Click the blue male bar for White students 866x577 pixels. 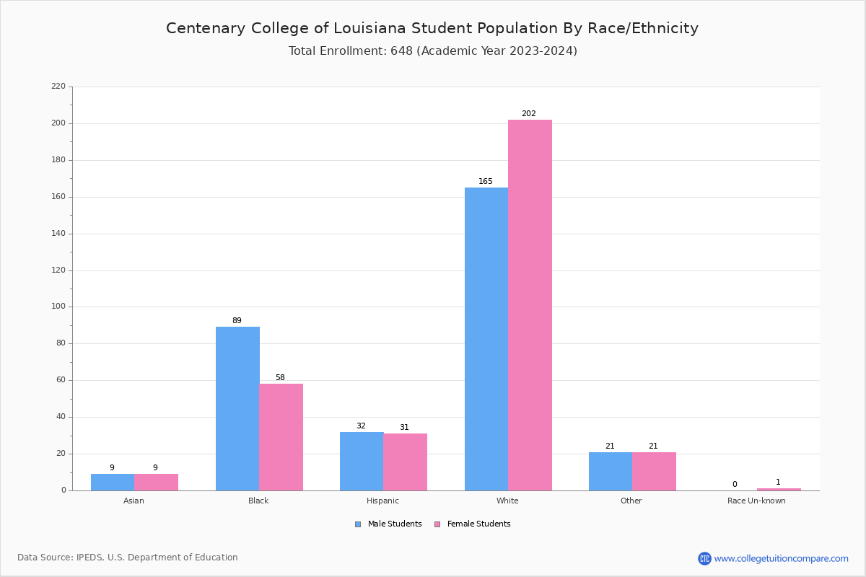(x=486, y=339)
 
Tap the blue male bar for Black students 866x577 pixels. (x=237, y=408)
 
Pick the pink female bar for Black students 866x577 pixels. (x=281, y=437)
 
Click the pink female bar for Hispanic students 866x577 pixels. (x=406, y=462)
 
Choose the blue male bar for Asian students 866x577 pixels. (x=113, y=482)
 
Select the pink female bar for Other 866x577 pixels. (x=654, y=471)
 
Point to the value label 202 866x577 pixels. (x=529, y=114)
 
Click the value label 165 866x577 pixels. (x=486, y=182)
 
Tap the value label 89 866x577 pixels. (x=237, y=321)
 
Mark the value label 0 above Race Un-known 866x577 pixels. (x=735, y=485)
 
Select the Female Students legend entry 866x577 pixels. (x=473, y=524)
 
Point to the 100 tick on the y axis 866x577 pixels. (x=58, y=307)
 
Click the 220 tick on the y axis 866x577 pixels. (x=58, y=87)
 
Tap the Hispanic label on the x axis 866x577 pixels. (x=382, y=501)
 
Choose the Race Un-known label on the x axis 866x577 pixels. (x=756, y=501)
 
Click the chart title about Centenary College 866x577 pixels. (x=432, y=28)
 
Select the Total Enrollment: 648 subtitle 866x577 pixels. (x=432, y=51)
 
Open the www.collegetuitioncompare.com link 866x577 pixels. (x=781, y=558)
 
